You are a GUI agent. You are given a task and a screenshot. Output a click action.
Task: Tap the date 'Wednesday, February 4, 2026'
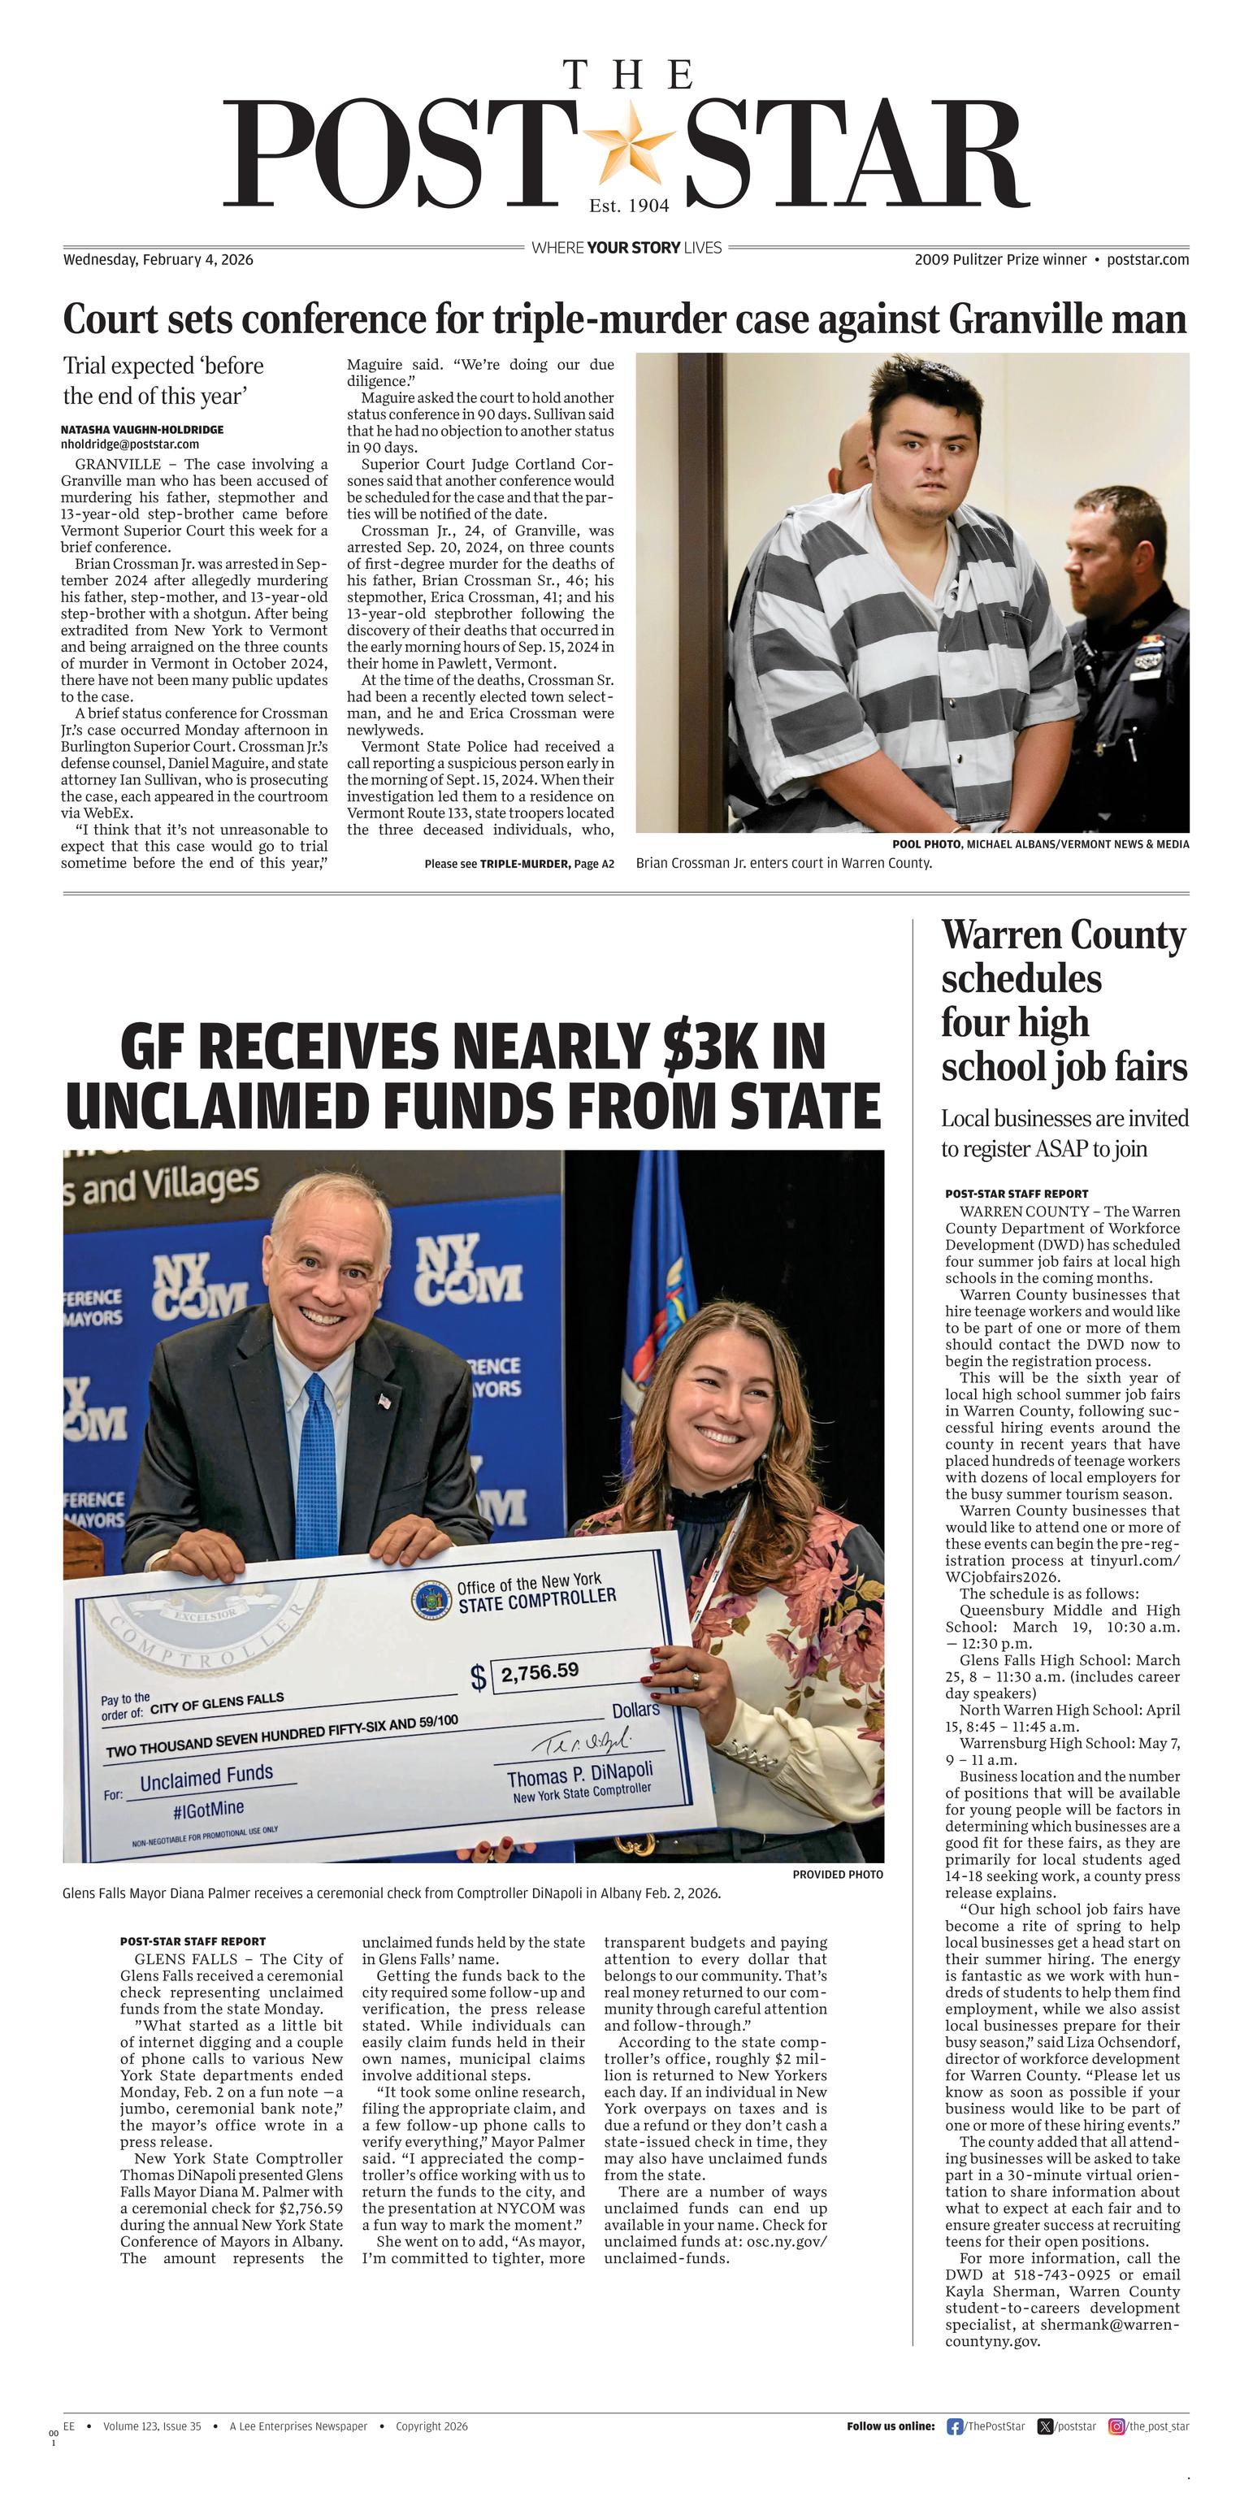[158, 260]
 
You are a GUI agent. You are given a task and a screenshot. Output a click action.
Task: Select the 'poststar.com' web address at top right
[1147, 260]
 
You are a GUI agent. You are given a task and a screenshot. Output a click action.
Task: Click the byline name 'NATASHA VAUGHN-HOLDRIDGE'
[142, 429]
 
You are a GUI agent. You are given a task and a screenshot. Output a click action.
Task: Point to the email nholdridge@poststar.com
[129, 444]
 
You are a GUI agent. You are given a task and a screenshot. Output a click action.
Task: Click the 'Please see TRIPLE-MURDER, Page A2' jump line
[518, 864]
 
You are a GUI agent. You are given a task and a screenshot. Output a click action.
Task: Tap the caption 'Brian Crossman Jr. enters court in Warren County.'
[783, 863]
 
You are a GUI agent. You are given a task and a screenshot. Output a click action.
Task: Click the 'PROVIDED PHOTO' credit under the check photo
[838, 1874]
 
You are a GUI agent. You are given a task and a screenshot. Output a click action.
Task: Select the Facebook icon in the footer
[954, 2426]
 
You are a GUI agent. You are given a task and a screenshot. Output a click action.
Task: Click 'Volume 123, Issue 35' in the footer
[152, 2426]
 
